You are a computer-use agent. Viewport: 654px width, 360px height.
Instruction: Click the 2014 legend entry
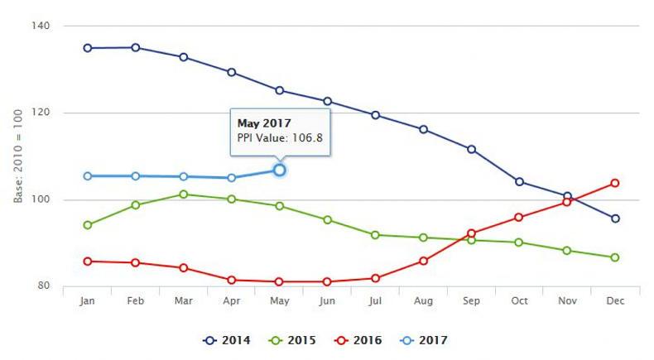click(228, 340)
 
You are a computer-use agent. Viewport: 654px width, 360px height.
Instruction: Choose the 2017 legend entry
click(422, 340)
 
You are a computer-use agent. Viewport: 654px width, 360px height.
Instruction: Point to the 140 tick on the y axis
click(41, 26)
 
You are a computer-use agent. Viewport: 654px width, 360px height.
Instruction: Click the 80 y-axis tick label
click(44, 286)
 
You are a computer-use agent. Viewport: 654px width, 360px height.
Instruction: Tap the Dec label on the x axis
click(615, 302)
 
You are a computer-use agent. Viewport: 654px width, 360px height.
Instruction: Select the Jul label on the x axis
click(376, 302)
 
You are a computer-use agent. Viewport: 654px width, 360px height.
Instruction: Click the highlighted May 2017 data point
click(280, 170)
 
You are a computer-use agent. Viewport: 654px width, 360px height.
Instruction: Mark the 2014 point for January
click(88, 48)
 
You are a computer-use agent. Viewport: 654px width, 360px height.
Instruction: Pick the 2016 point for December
click(615, 183)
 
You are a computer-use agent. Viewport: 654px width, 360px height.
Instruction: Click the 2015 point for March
click(184, 194)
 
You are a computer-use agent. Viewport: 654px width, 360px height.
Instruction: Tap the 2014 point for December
click(615, 218)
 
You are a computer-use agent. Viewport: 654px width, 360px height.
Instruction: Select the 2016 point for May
click(280, 282)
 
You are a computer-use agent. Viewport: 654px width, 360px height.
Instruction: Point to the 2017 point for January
click(88, 176)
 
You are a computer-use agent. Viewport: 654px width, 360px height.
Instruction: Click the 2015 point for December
click(615, 257)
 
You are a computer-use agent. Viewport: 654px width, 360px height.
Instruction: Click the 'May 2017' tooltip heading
click(259, 123)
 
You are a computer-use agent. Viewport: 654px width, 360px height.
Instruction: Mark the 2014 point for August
click(424, 129)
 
